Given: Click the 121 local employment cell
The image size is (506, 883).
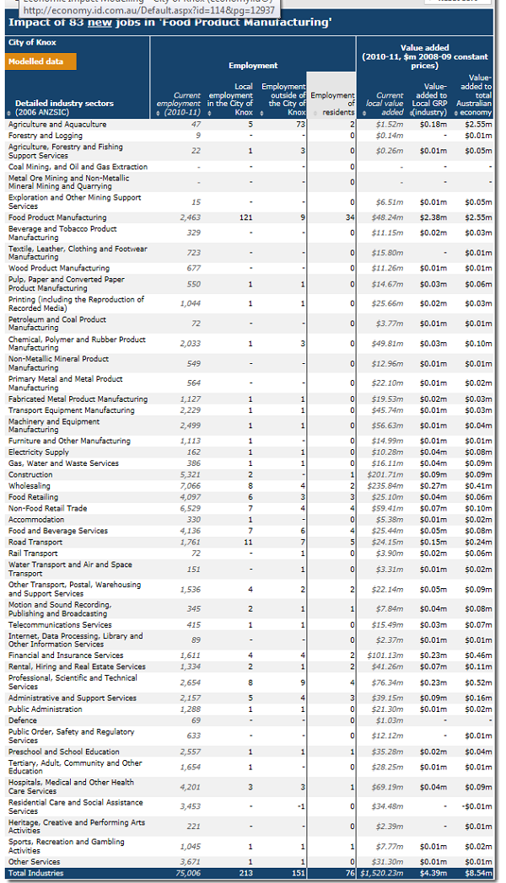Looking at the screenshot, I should [x=245, y=217].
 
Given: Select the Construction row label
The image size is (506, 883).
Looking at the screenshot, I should [x=30, y=475].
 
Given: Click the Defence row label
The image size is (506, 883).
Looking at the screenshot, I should [x=23, y=720].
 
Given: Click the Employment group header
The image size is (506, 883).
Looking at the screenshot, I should [x=253, y=65].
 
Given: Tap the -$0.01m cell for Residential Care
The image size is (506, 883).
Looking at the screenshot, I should [x=477, y=807].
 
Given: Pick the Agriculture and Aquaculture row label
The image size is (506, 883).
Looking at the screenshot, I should [x=57, y=124].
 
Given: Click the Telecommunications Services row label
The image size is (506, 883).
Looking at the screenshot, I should [x=60, y=624].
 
